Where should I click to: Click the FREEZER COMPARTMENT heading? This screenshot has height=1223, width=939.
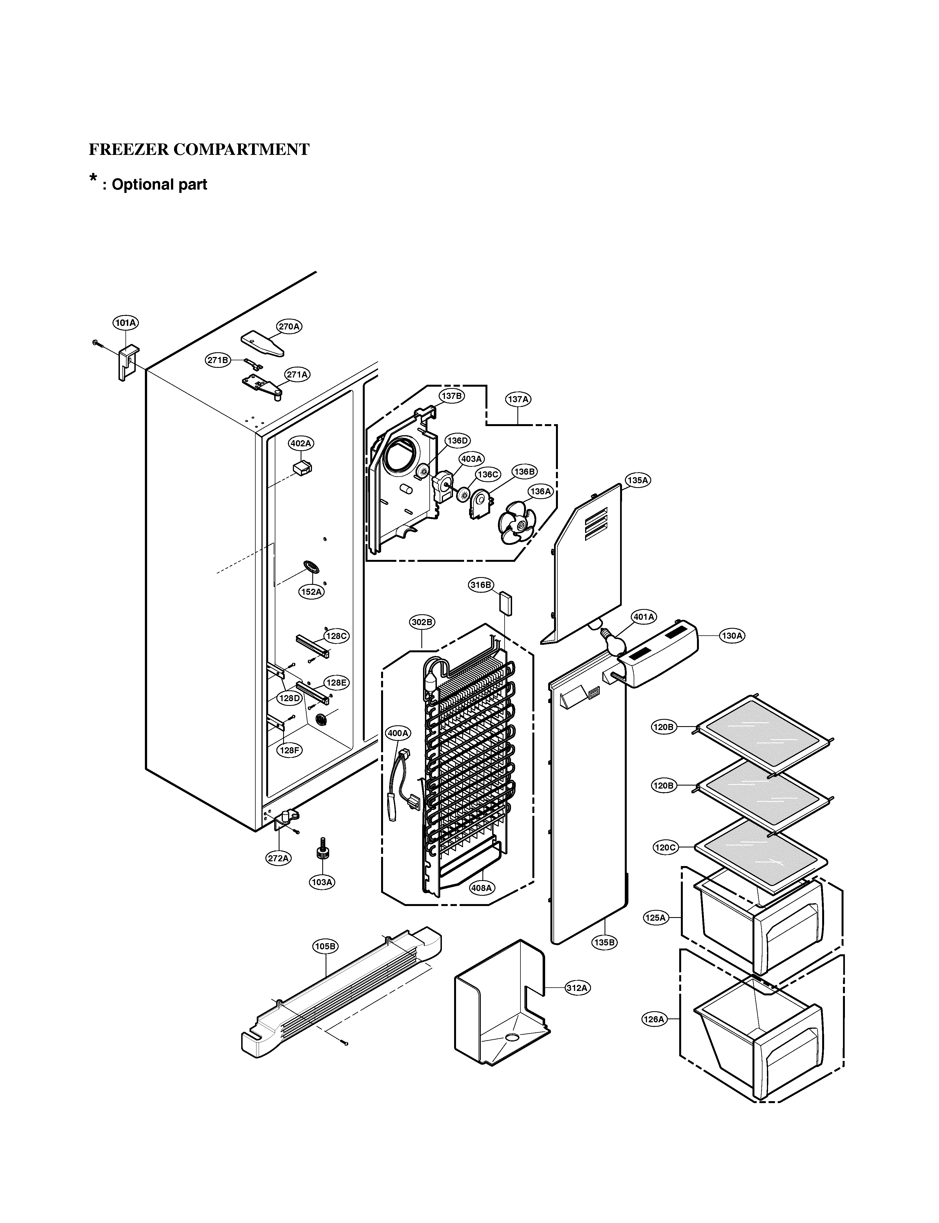[x=199, y=150]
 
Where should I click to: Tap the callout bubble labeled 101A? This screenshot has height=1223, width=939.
[x=126, y=323]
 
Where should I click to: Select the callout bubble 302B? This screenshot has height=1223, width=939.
[x=422, y=622]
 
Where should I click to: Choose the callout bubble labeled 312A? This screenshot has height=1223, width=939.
[x=577, y=988]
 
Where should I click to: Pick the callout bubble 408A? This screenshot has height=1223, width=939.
[x=481, y=888]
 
